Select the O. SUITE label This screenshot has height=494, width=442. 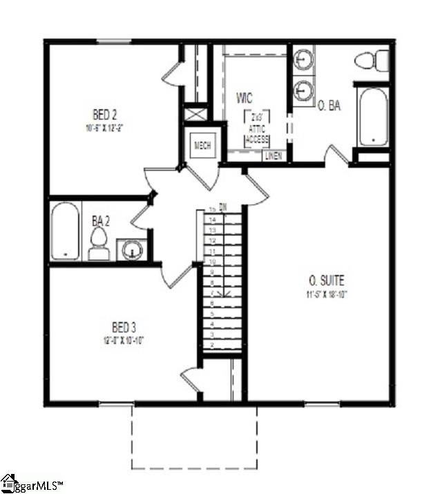pyautogui.click(x=326, y=281)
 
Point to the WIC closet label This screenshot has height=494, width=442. pyautogui.click(x=244, y=97)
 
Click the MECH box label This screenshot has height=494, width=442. pyautogui.click(x=202, y=145)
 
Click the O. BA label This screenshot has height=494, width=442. pyautogui.click(x=329, y=106)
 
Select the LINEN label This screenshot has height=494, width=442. pyautogui.click(x=274, y=156)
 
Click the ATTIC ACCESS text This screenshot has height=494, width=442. pyautogui.click(x=257, y=132)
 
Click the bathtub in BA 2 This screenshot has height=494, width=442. pyautogui.click(x=66, y=231)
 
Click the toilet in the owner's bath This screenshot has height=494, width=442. pyautogui.click(x=372, y=60)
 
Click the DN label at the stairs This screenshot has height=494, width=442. pyautogui.click(x=223, y=207)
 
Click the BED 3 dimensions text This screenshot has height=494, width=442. pyautogui.click(x=125, y=339)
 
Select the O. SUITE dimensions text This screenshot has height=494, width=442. pyautogui.click(x=326, y=295)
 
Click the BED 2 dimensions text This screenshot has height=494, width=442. pyautogui.click(x=106, y=128)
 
